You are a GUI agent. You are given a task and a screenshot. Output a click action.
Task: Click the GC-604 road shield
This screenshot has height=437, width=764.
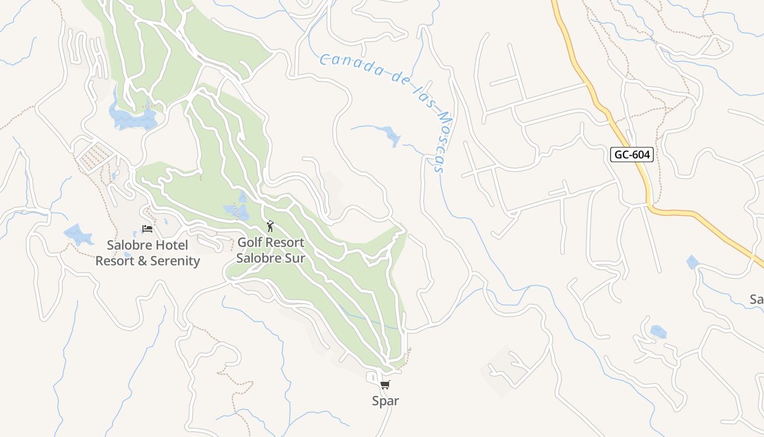(632, 155)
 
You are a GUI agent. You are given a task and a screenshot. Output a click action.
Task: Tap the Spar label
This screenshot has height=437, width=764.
(385, 401)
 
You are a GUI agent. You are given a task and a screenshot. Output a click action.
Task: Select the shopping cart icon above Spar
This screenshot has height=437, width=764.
(385, 385)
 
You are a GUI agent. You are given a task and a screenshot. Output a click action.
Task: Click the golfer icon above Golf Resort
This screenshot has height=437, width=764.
(270, 226)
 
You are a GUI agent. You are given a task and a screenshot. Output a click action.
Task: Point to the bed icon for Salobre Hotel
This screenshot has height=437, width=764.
(147, 228)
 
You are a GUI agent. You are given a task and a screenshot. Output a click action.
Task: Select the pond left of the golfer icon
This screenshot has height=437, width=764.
(236, 210)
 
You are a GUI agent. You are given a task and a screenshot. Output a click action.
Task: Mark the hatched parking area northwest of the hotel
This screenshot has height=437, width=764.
(96, 155)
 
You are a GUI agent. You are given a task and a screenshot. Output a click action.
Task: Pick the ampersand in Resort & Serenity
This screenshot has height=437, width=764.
(141, 261)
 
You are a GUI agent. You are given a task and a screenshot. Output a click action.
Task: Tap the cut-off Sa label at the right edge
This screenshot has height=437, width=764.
(756, 299)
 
